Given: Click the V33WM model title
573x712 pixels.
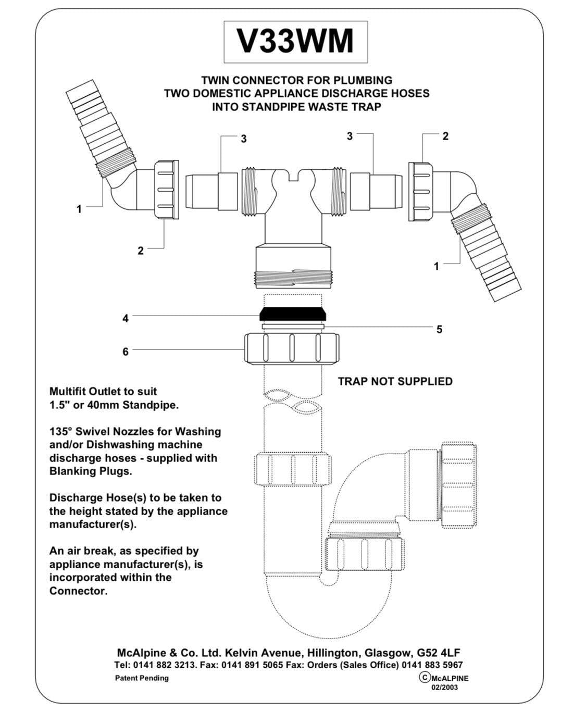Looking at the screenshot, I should coord(295,41).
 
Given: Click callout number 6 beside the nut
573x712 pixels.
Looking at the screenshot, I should coord(126,352).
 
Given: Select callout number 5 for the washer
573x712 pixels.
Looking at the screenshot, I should coord(439,329).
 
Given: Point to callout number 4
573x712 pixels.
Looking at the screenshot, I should coord(126,318).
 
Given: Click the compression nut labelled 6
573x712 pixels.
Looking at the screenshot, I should coord(291,347).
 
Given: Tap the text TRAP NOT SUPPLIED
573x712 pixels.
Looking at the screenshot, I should coord(395,381).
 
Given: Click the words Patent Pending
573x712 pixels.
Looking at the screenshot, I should coord(142,678).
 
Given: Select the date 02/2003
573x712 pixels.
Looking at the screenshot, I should coord(444,687).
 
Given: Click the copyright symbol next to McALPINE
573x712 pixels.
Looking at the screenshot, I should coord(425,677).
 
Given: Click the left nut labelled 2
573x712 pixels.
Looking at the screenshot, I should coord(166,191).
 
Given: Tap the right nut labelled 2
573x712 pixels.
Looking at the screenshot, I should coord(421,190).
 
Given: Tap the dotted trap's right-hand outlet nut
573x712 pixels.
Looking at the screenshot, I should coord(457,484).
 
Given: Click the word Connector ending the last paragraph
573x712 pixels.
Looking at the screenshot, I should coord(78,591).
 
